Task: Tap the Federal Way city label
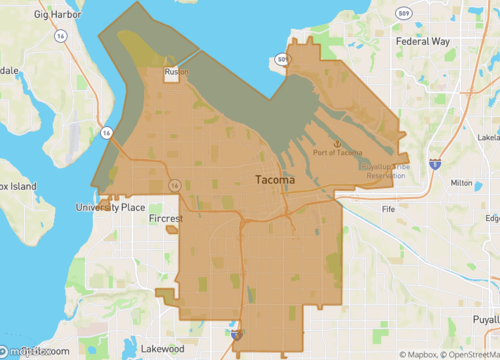tap(425, 42)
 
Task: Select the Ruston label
tap(178, 72)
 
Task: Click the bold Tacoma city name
tap(270, 180)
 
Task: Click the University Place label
tap(110, 208)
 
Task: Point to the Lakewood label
tap(162, 349)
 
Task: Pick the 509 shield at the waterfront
tap(284, 60)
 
